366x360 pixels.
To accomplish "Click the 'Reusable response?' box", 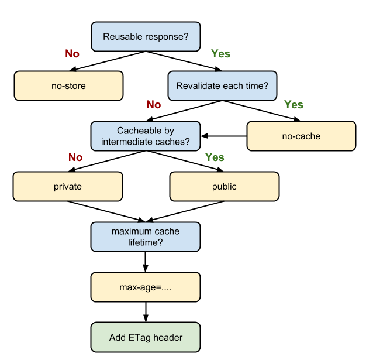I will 146,36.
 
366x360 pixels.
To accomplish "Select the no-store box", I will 68,86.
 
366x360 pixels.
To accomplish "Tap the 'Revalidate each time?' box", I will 222,86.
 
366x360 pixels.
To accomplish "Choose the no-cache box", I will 301,136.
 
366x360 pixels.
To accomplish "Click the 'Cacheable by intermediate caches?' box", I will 146,136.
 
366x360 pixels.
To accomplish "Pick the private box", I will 68,187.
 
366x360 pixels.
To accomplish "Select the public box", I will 225,187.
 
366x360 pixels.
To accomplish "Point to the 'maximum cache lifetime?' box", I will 146,236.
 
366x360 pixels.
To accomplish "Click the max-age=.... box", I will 146,287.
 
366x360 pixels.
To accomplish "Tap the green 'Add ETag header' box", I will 146,337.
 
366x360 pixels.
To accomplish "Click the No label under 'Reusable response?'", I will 72,54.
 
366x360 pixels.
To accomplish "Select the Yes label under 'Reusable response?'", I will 220,54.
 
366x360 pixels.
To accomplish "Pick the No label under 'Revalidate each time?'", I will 154,105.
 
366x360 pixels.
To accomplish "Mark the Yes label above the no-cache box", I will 294,105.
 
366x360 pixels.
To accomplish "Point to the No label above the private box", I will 75,157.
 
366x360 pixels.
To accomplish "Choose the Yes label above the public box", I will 215,157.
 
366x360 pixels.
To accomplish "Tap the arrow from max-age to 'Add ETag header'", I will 146,312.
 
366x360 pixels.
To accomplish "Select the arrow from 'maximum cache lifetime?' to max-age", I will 146,262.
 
